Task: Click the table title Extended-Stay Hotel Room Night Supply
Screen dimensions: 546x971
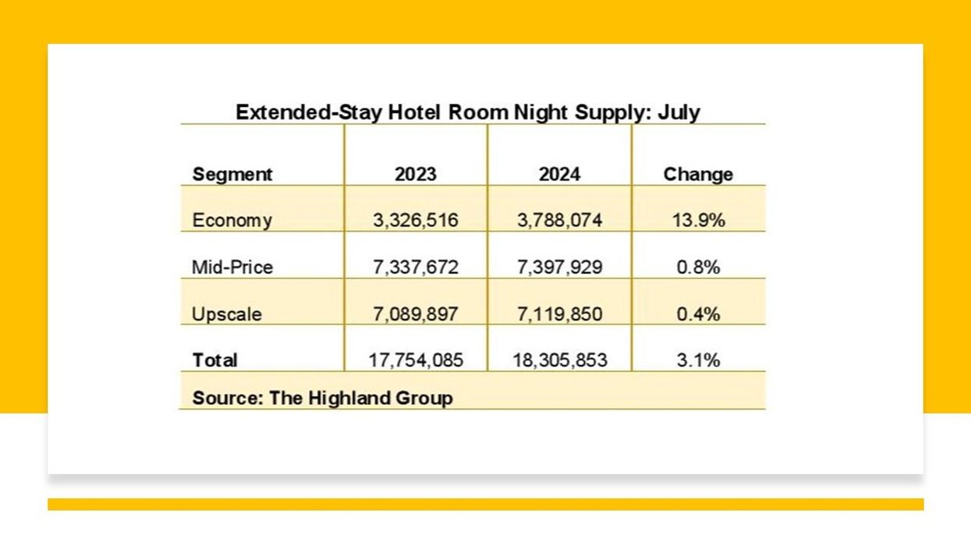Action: pos(467,112)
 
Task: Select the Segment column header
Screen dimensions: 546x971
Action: pos(232,174)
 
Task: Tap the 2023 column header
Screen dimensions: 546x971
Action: pos(415,174)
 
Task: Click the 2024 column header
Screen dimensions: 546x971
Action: pos(559,174)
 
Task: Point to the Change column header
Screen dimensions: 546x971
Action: pos(698,174)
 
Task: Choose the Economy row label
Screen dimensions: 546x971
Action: pos(232,221)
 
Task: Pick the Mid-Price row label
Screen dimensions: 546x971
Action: pos(232,267)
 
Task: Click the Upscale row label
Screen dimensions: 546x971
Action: pos(227,314)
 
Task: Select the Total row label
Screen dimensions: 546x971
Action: pos(214,360)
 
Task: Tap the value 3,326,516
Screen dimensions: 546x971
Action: pos(415,221)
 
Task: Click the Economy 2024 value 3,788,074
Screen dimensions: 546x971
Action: pos(559,221)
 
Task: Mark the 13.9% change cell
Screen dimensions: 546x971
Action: pos(698,221)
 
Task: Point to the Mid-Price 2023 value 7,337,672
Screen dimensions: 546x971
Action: pos(415,268)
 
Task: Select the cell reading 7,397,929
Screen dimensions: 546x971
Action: pos(559,268)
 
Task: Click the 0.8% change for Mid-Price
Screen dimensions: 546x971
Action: pos(698,268)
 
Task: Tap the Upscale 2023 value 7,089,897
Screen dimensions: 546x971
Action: pos(415,314)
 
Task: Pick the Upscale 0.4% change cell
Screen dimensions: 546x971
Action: pos(698,314)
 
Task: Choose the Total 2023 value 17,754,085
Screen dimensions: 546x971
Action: pos(415,360)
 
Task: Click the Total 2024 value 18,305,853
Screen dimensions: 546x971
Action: pos(559,360)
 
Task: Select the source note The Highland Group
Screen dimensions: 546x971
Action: pos(322,398)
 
